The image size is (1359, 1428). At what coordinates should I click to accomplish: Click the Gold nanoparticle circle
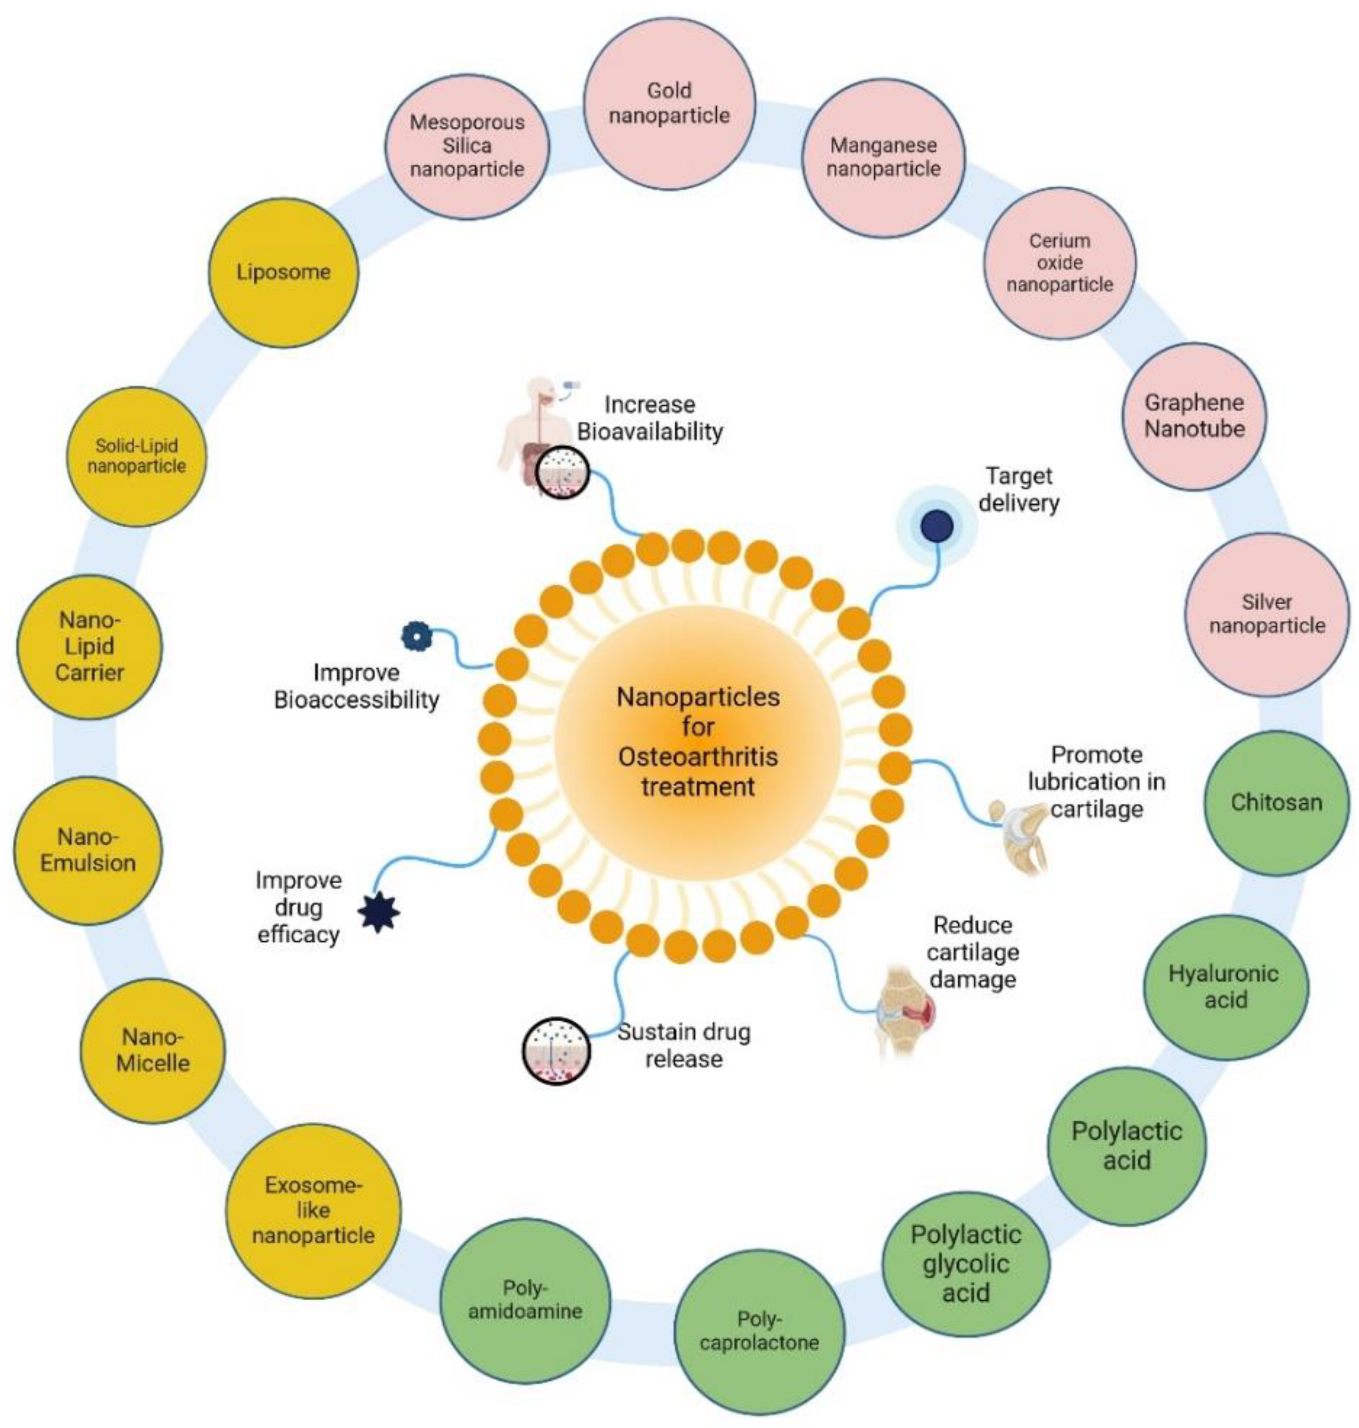669,104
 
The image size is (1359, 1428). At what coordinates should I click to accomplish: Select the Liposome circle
283,273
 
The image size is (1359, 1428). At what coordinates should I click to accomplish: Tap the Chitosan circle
1277,802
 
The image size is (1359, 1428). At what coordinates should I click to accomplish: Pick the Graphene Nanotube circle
1195,416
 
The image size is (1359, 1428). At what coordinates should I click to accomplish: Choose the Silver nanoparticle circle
1267,614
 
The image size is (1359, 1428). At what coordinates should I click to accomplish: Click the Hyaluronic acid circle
1226,987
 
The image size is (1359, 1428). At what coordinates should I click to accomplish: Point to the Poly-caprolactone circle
759,1331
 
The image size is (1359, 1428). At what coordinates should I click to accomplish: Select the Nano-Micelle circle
153,1051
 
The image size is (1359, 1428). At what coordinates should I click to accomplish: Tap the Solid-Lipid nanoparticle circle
136,456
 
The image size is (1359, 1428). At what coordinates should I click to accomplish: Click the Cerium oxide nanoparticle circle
1059,262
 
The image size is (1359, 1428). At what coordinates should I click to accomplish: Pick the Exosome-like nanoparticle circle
313,1211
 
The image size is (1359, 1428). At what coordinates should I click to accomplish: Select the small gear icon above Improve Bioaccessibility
417,636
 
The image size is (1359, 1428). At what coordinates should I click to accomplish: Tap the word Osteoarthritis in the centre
698,757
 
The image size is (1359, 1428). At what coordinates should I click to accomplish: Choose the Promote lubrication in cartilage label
1096,782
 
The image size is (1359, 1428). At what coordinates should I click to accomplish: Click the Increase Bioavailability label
650,418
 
